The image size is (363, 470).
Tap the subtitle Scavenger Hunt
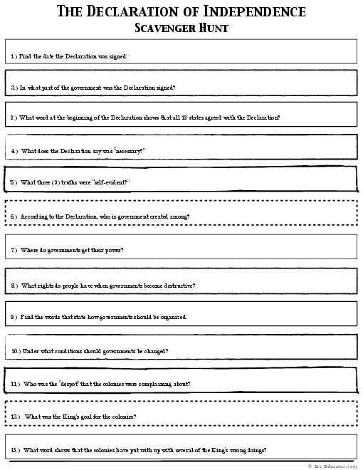[181, 28]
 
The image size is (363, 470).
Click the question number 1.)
[14, 56]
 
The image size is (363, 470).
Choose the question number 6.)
[14, 216]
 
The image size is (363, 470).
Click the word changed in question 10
[154, 351]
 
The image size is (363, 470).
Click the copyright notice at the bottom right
[333, 466]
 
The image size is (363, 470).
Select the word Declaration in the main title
[122, 12]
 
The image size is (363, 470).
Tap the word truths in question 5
[76, 182]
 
